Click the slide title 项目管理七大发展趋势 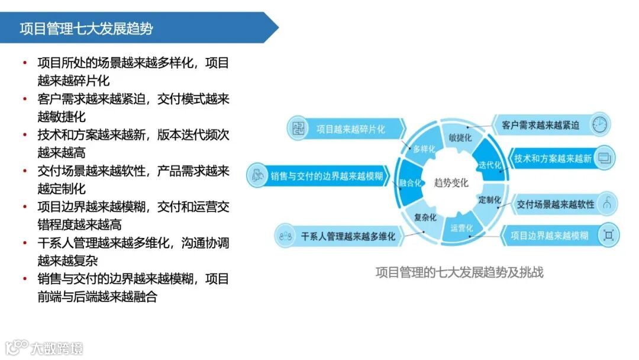point(86,28)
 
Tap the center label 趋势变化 point(451,182)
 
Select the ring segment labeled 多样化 point(424,149)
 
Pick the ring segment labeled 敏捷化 point(460,137)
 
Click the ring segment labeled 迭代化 point(490,164)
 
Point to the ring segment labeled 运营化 point(461,228)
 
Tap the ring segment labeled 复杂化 point(425,217)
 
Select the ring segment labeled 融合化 point(410,182)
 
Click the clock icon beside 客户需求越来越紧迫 point(601,125)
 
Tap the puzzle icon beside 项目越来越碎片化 point(298,128)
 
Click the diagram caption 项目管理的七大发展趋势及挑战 point(459,272)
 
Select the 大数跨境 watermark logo point(44,347)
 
